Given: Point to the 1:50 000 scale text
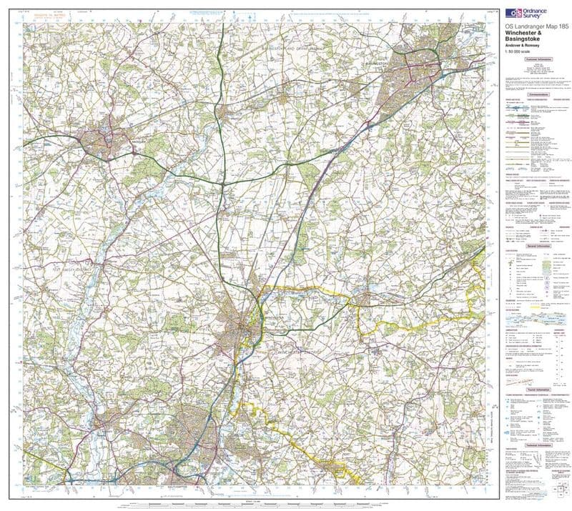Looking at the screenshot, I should tap(518, 52).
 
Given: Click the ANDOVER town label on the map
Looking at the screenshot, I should tap(138, 141).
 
